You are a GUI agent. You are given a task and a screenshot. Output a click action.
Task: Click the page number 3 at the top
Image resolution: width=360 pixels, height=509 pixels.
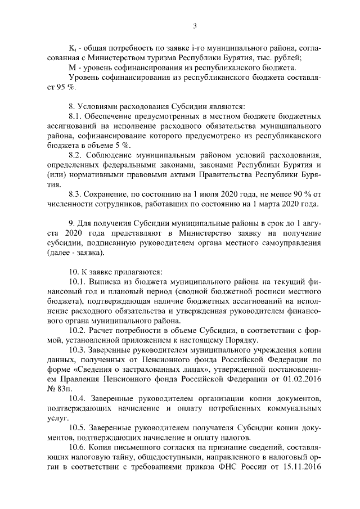(x=195, y=25)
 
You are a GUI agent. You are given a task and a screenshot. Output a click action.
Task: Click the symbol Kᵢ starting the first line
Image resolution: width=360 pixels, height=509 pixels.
(x=72, y=48)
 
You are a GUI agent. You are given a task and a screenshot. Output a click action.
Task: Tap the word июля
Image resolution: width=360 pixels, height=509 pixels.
(x=184, y=193)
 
